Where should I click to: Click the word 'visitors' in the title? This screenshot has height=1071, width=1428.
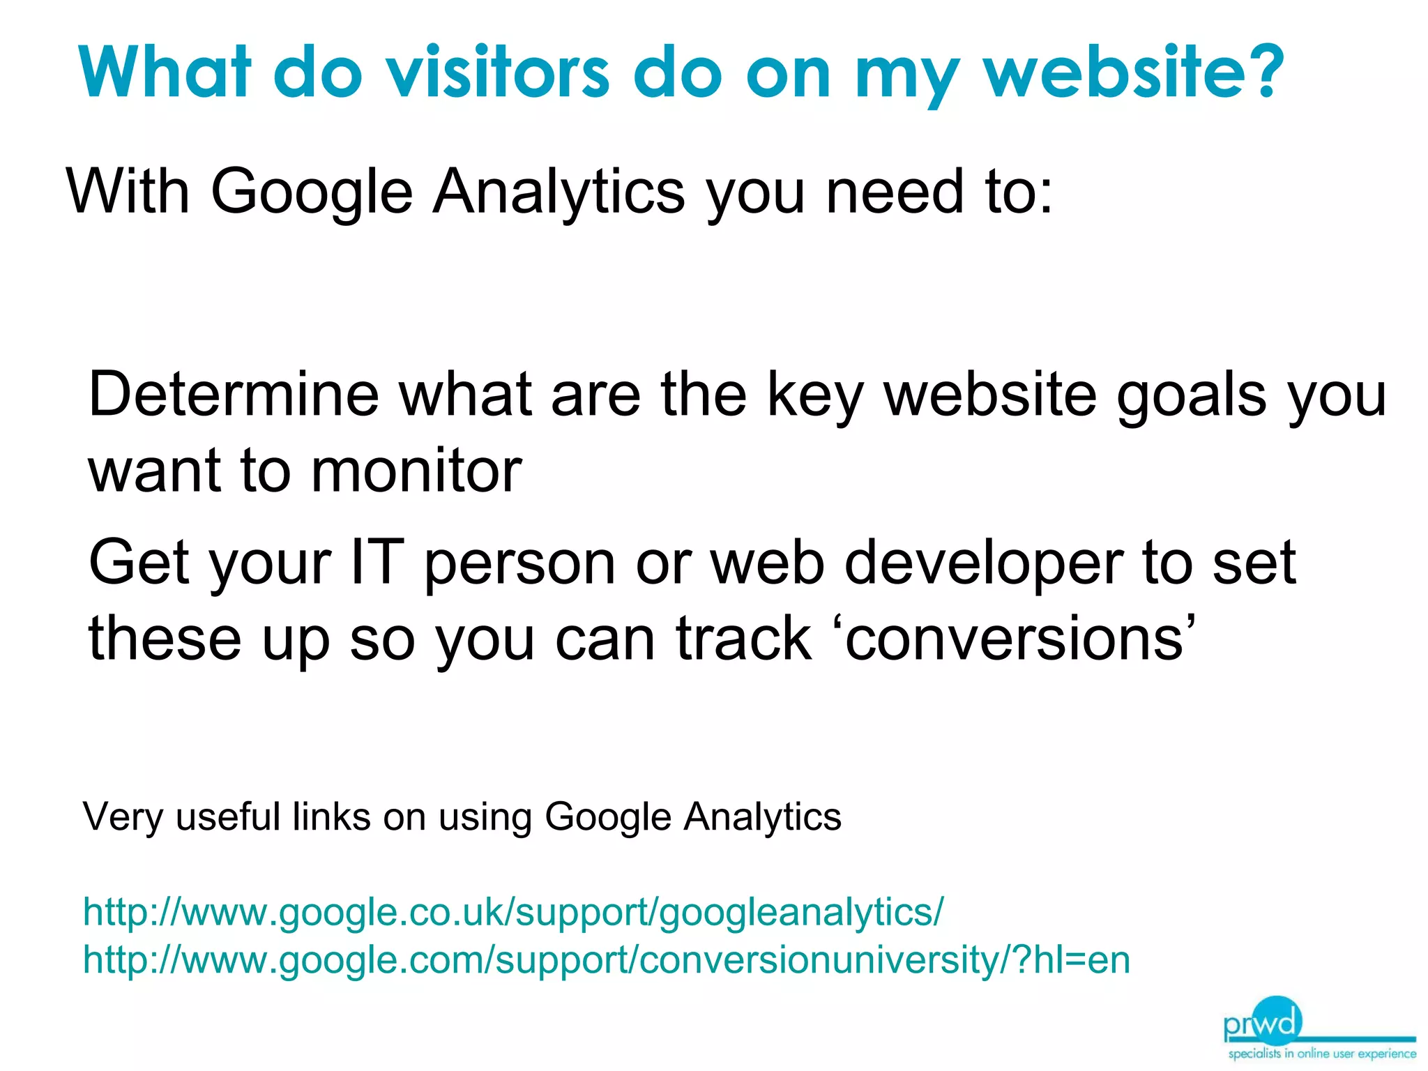tap(499, 72)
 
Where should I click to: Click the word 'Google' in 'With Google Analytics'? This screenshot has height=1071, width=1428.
tap(312, 192)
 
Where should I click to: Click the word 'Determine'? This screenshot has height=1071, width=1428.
tap(234, 395)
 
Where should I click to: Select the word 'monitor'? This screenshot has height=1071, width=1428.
tap(416, 471)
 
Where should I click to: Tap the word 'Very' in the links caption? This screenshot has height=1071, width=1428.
tap(123, 817)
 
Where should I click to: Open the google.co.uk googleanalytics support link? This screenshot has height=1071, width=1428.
tap(513, 912)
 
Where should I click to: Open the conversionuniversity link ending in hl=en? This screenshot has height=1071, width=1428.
tap(606, 960)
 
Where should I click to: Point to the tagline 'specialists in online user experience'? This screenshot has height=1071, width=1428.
tap(1322, 1054)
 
